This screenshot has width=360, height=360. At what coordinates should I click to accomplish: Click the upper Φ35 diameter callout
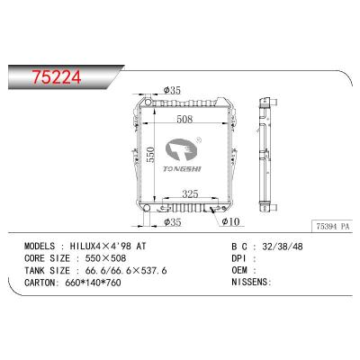[174, 90]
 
